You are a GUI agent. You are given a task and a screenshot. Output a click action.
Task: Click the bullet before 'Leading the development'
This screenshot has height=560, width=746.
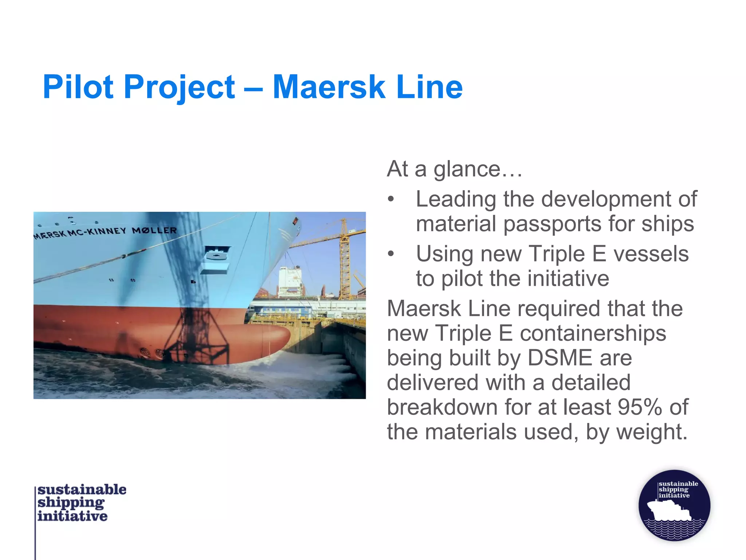pos(391,199)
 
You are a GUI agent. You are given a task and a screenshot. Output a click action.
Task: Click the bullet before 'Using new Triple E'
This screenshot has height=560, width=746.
pos(391,254)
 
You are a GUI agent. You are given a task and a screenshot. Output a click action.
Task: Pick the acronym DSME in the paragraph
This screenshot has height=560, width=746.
pos(559,358)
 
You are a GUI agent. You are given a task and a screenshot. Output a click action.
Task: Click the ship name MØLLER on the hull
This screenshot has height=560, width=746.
pos(154,230)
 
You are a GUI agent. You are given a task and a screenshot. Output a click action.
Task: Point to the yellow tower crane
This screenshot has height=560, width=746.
pos(344,259)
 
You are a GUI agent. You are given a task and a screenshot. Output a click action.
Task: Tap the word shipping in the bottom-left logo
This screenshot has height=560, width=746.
pos(71,503)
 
